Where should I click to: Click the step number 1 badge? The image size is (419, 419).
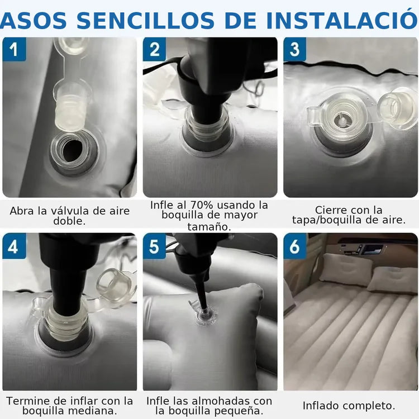[14, 49]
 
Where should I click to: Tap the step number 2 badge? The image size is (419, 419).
[154, 49]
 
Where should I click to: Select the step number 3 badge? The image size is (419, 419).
[295, 49]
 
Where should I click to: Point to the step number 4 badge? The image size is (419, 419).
[14, 246]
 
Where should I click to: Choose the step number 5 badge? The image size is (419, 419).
[154, 246]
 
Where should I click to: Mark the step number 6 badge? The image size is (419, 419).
[295, 246]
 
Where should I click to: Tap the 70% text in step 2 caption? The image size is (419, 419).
[202, 205]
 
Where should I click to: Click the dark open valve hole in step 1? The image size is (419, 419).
[72, 151]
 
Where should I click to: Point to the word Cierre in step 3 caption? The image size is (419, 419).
[330, 210]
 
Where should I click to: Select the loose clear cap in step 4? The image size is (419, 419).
[114, 284]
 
